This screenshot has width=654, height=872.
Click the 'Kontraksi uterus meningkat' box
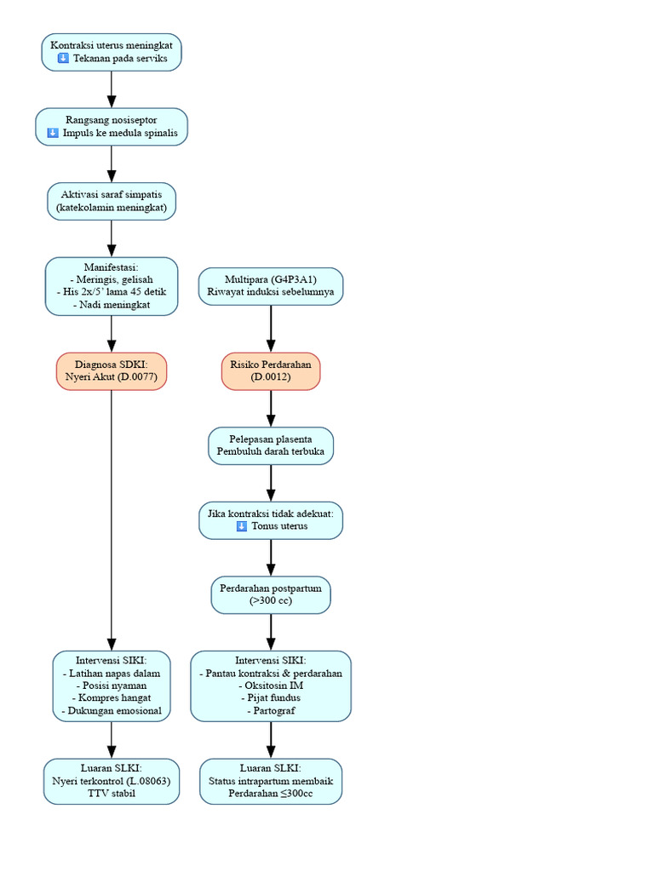[x=112, y=52]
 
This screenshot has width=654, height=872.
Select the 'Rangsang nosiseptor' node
[x=112, y=127]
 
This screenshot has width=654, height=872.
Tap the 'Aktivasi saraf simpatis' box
[x=112, y=201]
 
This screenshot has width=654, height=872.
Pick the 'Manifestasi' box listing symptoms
[x=112, y=286]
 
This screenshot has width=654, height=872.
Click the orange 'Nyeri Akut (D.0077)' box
[x=112, y=371]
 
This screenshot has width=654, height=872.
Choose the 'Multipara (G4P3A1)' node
[x=271, y=286]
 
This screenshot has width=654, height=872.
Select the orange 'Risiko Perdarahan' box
[x=271, y=371]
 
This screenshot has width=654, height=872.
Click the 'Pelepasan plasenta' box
[x=271, y=445]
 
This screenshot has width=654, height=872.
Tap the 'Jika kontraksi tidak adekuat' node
[x=271, y=520]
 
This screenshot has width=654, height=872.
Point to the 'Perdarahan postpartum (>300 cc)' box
[x=271, y=594]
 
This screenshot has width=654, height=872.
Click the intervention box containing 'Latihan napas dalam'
[x=112, y=686]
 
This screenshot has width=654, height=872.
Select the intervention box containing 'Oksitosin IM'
[x=271, y=686]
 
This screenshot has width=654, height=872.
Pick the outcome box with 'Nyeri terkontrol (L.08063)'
[x=112, y=781]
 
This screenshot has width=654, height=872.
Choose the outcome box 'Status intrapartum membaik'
[x=271, y=781]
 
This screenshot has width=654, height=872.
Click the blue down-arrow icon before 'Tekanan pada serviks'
[x=63, y=58]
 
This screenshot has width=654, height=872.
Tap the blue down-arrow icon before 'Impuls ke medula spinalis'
[x=53, y=132]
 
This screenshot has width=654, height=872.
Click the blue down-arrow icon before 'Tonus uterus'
[x=242, y=525]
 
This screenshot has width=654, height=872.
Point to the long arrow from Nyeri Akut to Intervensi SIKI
[x=112, y=520]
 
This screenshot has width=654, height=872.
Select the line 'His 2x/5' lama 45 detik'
[x=112, y=291]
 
